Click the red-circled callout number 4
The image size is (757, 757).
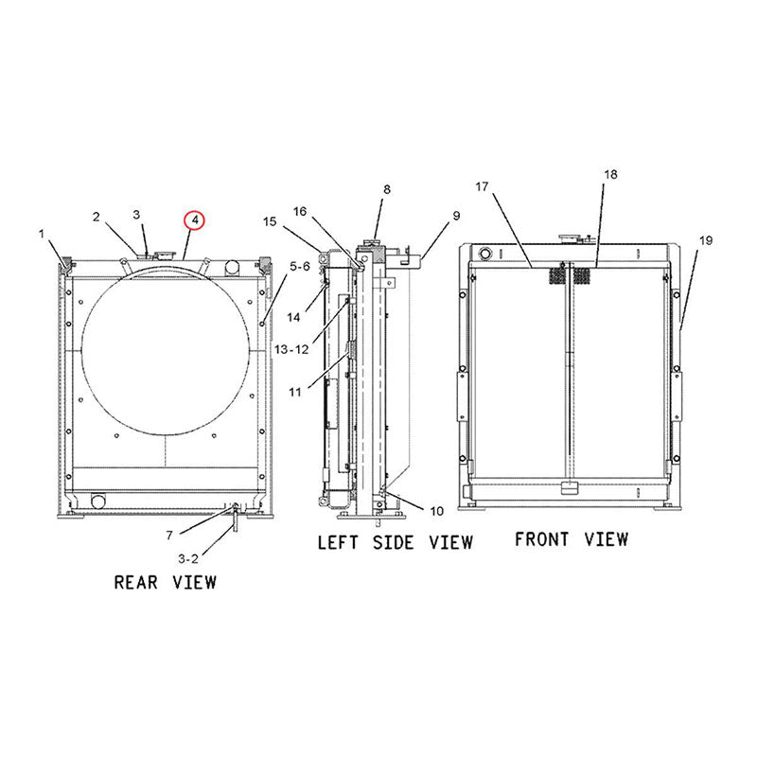[x=193, y=220]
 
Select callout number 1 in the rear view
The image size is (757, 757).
[x=42, y=232]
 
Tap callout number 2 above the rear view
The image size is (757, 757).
[x=97, y=218]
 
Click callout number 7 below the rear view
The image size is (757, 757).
[x=168, y=536]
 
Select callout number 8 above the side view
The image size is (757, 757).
[x=386, y=190]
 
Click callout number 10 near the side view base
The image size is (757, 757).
[x=435, y=511]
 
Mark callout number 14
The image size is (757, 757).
[x=294, y=318]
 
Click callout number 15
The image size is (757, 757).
[x=270, y=222]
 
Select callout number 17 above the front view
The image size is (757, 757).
[x=481, y=186]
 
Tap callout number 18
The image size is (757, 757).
[x=609, y=175]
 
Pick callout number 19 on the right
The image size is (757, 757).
[x=705, y=241]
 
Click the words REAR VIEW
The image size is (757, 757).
[x=165, y=581]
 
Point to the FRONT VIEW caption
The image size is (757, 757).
[x=571, y=538]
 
